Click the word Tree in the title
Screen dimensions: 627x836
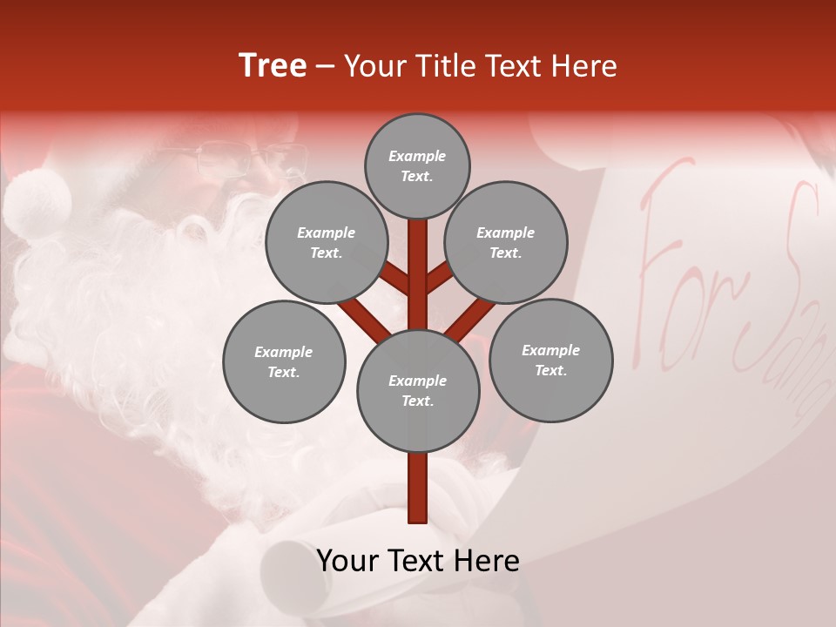point(273,66)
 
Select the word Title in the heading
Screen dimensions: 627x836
point(447,66)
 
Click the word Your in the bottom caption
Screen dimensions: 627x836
point(348,561)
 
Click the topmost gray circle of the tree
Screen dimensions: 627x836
point(417,165)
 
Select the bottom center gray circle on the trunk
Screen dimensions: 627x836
point(418,391)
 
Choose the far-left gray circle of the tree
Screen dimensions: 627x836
point(284,361)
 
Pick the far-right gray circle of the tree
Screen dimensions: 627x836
point(550,360)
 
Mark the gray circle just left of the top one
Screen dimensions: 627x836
point(326,242)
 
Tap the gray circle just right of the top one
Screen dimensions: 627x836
point(506,242)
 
